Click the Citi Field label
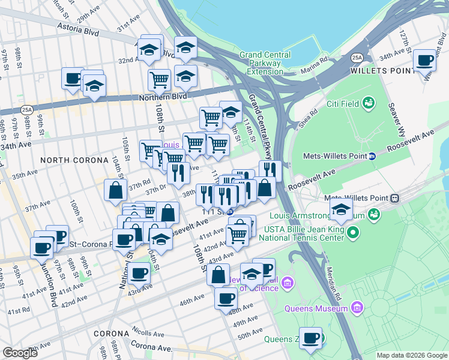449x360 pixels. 343,104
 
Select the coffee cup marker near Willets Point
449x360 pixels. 425,61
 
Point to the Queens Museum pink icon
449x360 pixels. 357,308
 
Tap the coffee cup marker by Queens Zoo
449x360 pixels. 310,338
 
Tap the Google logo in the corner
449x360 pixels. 20,352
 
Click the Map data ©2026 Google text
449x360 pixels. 412,355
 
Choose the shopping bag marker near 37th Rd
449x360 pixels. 115,191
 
